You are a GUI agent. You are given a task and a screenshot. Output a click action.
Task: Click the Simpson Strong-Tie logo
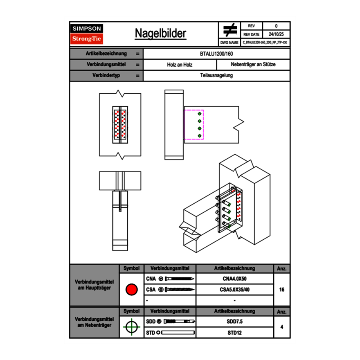coord(87,34)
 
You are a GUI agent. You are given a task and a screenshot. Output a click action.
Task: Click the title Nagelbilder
coord(160,34)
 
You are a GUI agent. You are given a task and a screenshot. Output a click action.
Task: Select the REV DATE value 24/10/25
coord(276,34)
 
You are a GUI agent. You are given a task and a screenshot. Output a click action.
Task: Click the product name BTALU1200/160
coord(217,54)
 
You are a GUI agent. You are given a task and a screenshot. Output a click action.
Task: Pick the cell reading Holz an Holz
coord(180,65)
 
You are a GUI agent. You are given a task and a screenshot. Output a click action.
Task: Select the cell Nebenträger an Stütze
coord(253,65)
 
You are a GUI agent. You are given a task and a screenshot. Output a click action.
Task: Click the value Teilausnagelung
coord(217,75)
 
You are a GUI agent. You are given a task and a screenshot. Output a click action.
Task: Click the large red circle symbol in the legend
coord(131,290)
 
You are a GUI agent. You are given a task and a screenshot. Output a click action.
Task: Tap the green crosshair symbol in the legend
coord(131,327)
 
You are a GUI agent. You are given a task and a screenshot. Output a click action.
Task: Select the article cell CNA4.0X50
coord(234,279)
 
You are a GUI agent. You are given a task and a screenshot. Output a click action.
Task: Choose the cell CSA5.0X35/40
coord(234,290)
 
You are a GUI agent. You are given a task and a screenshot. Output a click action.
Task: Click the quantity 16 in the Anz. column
coord(281,290)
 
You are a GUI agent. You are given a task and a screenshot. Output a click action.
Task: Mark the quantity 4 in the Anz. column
coord(281,327)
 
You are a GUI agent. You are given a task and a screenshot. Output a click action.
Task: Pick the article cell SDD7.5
coord(234,322)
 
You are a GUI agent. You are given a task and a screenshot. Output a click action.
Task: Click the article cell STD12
coord(234,333)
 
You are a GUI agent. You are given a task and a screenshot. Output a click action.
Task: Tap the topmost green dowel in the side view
coord(200,114)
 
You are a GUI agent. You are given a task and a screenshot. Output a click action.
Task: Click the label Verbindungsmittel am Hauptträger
coord(94,285)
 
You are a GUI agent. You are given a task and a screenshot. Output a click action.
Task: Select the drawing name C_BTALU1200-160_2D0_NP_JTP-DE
coord(265,42)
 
